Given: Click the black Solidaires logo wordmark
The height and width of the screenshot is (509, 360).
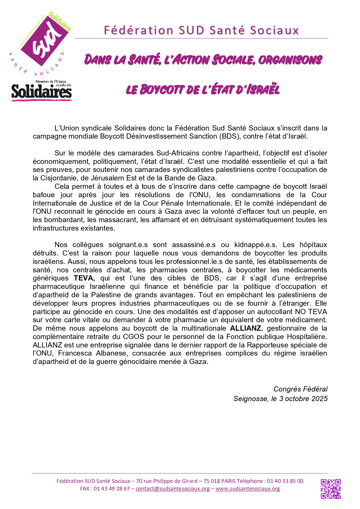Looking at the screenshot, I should (x=41, y=92).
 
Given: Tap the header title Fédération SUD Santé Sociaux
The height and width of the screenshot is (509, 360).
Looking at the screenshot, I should (x=201, y=30).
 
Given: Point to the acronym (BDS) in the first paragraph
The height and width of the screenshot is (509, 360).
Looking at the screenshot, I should (x=229, y=136).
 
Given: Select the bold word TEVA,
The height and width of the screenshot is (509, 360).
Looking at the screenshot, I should (x=84, y=278).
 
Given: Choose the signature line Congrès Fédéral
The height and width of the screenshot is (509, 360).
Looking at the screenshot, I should (x=300, y=389).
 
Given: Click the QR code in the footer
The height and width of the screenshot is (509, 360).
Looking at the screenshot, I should (x=330, y=489).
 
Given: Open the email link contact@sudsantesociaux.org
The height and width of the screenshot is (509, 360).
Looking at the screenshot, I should (x=173, y=489).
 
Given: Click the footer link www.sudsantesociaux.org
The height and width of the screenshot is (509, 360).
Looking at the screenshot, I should (x=248, y=489).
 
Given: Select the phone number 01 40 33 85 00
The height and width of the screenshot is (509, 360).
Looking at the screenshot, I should (x=285, y=481).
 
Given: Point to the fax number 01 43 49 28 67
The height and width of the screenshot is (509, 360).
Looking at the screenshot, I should (x=112, y=489).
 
